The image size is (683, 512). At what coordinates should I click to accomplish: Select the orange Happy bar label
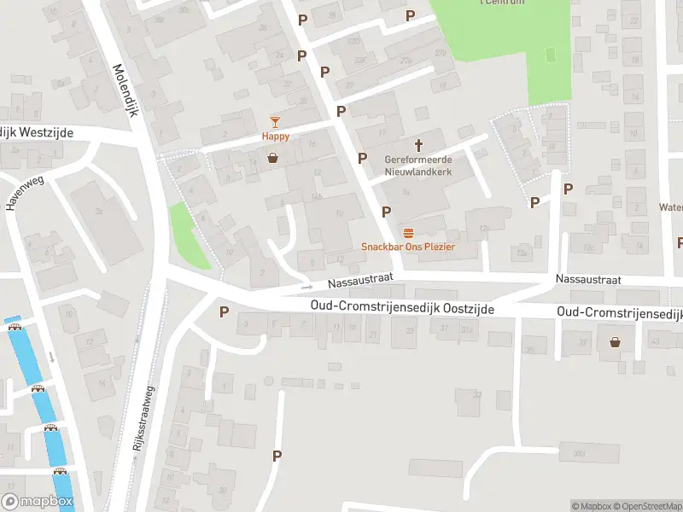tap(275, 137)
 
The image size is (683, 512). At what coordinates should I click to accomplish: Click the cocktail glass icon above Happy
tap(275, 122)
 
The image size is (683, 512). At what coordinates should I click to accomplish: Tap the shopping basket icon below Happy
tap(272, 157)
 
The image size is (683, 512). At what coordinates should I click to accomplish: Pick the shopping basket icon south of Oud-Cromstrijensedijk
tap(615, 342)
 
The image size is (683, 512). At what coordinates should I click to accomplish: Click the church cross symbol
tap(419, 146)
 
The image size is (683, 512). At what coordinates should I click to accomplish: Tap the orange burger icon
tap(408, 233)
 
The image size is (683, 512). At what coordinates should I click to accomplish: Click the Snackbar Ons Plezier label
tap(408, 247)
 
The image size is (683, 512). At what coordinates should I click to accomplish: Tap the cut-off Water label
tap(671, 207)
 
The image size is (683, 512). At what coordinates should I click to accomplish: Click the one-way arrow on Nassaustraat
tap(306, 286)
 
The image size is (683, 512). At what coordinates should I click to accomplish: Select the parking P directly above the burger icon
tap(387, 211)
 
